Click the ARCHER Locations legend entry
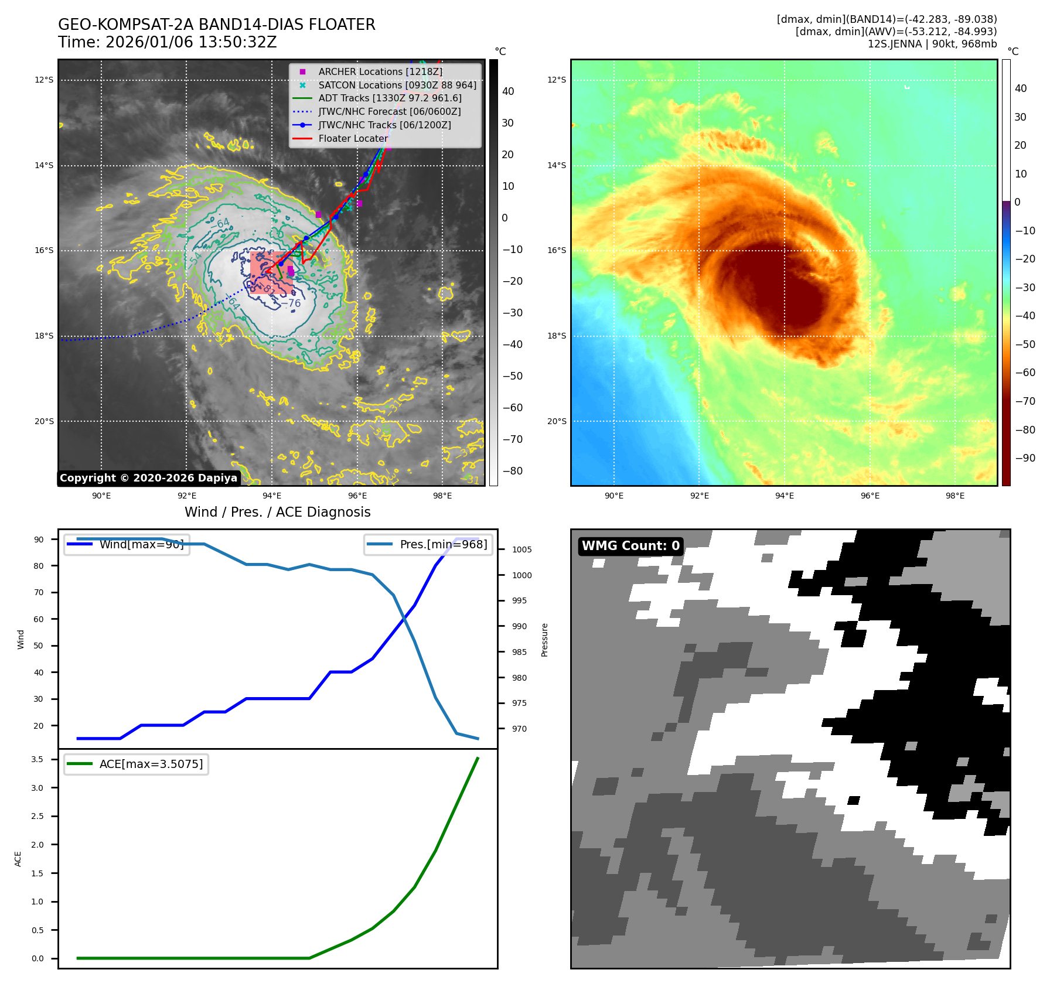pos(380,71)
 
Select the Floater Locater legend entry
pos(353,139)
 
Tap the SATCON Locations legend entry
pos(397,85)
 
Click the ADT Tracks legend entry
pos(390,98)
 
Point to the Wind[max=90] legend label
pos(141,544)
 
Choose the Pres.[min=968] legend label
pos(443,544)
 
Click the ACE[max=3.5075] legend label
pos(151,764)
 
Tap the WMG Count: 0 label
pos(630,546)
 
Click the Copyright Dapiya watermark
pos(148,478)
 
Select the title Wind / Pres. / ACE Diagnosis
pos(277,512)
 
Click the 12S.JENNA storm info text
pos(932,44)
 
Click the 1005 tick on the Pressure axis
pos(521,549)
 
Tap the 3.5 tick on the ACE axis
pos(37,759)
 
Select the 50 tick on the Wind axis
pos(39,646)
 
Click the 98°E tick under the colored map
pos(954,496)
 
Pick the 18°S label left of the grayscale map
pos(44,336)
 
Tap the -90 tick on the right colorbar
pos(1024,458)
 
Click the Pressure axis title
pos(544,640)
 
